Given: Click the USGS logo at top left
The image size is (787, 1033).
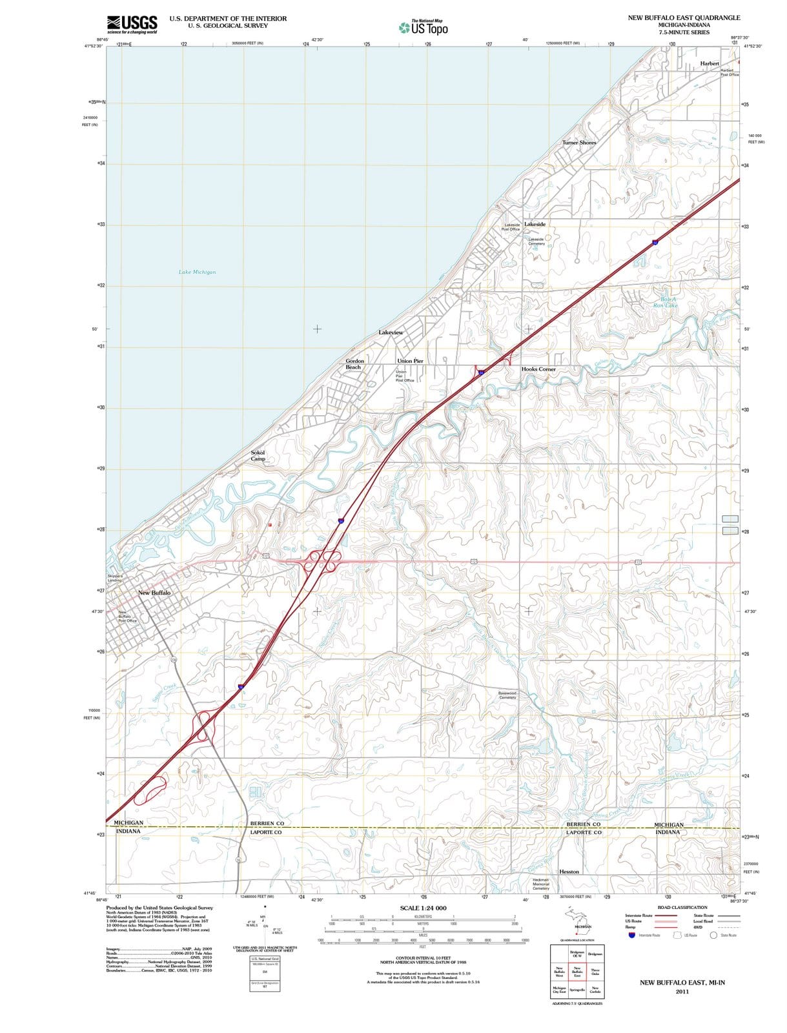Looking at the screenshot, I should point(132,24).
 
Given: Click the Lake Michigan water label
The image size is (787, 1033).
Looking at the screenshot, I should point(197,272).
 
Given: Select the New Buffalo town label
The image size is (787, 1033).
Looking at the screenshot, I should point(154,592).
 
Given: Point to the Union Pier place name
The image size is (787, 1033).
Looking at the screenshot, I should point(410,361).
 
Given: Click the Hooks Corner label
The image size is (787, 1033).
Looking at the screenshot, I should point(538,369).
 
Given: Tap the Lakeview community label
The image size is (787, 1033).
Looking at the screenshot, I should point(391,332).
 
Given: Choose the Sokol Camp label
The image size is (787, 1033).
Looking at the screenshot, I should point(258,456).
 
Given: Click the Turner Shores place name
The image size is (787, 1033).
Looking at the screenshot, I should point(579,143).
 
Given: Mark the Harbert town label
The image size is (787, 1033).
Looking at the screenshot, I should point(710,63).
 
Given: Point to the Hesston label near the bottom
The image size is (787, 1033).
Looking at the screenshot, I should point(569,872).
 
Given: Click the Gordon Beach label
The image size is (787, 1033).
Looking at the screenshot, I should point(354,364).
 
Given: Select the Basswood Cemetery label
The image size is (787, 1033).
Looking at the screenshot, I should point(507,695).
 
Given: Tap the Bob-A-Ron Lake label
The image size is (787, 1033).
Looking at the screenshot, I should point(665,302).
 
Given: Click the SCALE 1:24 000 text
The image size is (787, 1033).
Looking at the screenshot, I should point(423,908).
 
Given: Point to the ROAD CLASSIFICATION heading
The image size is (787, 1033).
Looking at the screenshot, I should point(682,907).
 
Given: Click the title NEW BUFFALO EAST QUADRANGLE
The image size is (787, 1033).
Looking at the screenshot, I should point(684,17).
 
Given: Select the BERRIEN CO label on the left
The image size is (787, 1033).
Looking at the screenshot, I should point(267,824).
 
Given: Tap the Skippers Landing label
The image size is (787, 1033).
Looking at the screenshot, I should point(114,578).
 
